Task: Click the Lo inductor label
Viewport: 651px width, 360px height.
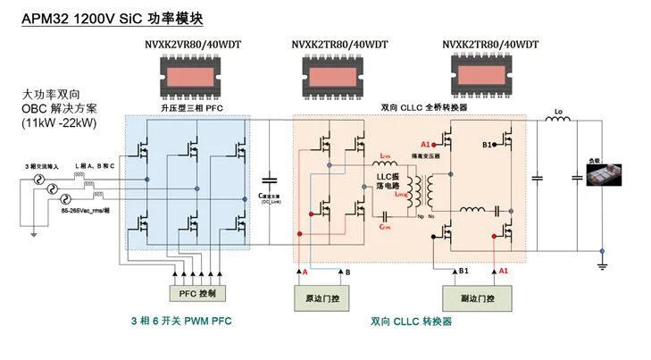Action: (559, 113)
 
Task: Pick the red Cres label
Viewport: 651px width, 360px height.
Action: (385, 227)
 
